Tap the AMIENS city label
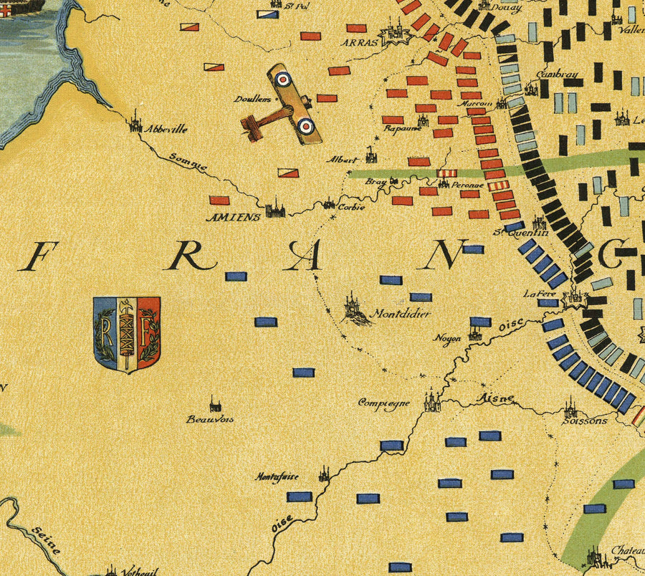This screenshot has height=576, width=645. (233, 216)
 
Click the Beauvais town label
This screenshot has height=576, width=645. (210, 419)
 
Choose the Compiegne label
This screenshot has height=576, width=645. (384, 403)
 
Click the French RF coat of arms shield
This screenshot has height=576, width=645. (127, 334)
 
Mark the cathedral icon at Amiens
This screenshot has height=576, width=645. (274, 209)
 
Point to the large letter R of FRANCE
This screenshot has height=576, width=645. (188, 256)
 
